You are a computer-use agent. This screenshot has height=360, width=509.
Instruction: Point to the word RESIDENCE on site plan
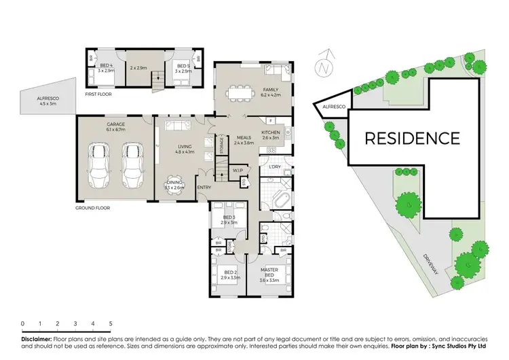[412, 139]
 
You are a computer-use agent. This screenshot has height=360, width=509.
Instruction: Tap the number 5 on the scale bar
[111, 324]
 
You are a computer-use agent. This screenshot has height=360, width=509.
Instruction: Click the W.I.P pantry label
[238, 170]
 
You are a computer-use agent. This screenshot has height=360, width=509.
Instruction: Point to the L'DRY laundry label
[275, 166]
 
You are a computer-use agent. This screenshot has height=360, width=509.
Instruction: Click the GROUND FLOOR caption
[94, 208]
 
